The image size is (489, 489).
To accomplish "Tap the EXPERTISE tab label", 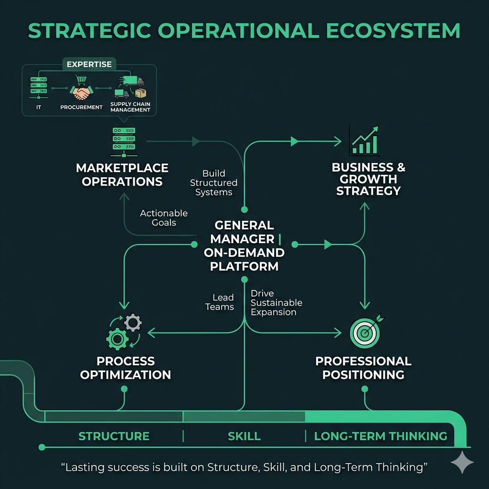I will [89, 64].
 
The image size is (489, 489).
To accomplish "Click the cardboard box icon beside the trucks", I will [140, 93].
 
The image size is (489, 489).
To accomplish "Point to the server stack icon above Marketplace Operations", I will [124, 142].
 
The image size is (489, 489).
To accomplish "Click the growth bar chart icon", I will [364, 140].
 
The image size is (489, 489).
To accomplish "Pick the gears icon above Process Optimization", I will [124, 331].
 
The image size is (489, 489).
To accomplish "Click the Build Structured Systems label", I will [213, 182].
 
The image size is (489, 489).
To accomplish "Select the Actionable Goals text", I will [164, 218].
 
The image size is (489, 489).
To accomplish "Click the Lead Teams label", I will [220, 302].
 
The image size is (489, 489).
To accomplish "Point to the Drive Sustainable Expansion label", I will [276, 303].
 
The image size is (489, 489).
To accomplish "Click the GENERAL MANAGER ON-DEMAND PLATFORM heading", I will [244, 245].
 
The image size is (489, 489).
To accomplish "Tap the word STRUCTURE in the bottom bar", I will [114, 436].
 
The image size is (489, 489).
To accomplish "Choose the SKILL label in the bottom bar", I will [244, 436].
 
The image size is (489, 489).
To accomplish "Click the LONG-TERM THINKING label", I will [381, 436].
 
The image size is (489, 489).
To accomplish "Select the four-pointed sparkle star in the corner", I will [462, 462].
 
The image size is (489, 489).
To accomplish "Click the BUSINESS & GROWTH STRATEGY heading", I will [368, 179].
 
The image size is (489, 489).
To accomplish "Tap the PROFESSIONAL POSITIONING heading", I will [363, 368].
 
